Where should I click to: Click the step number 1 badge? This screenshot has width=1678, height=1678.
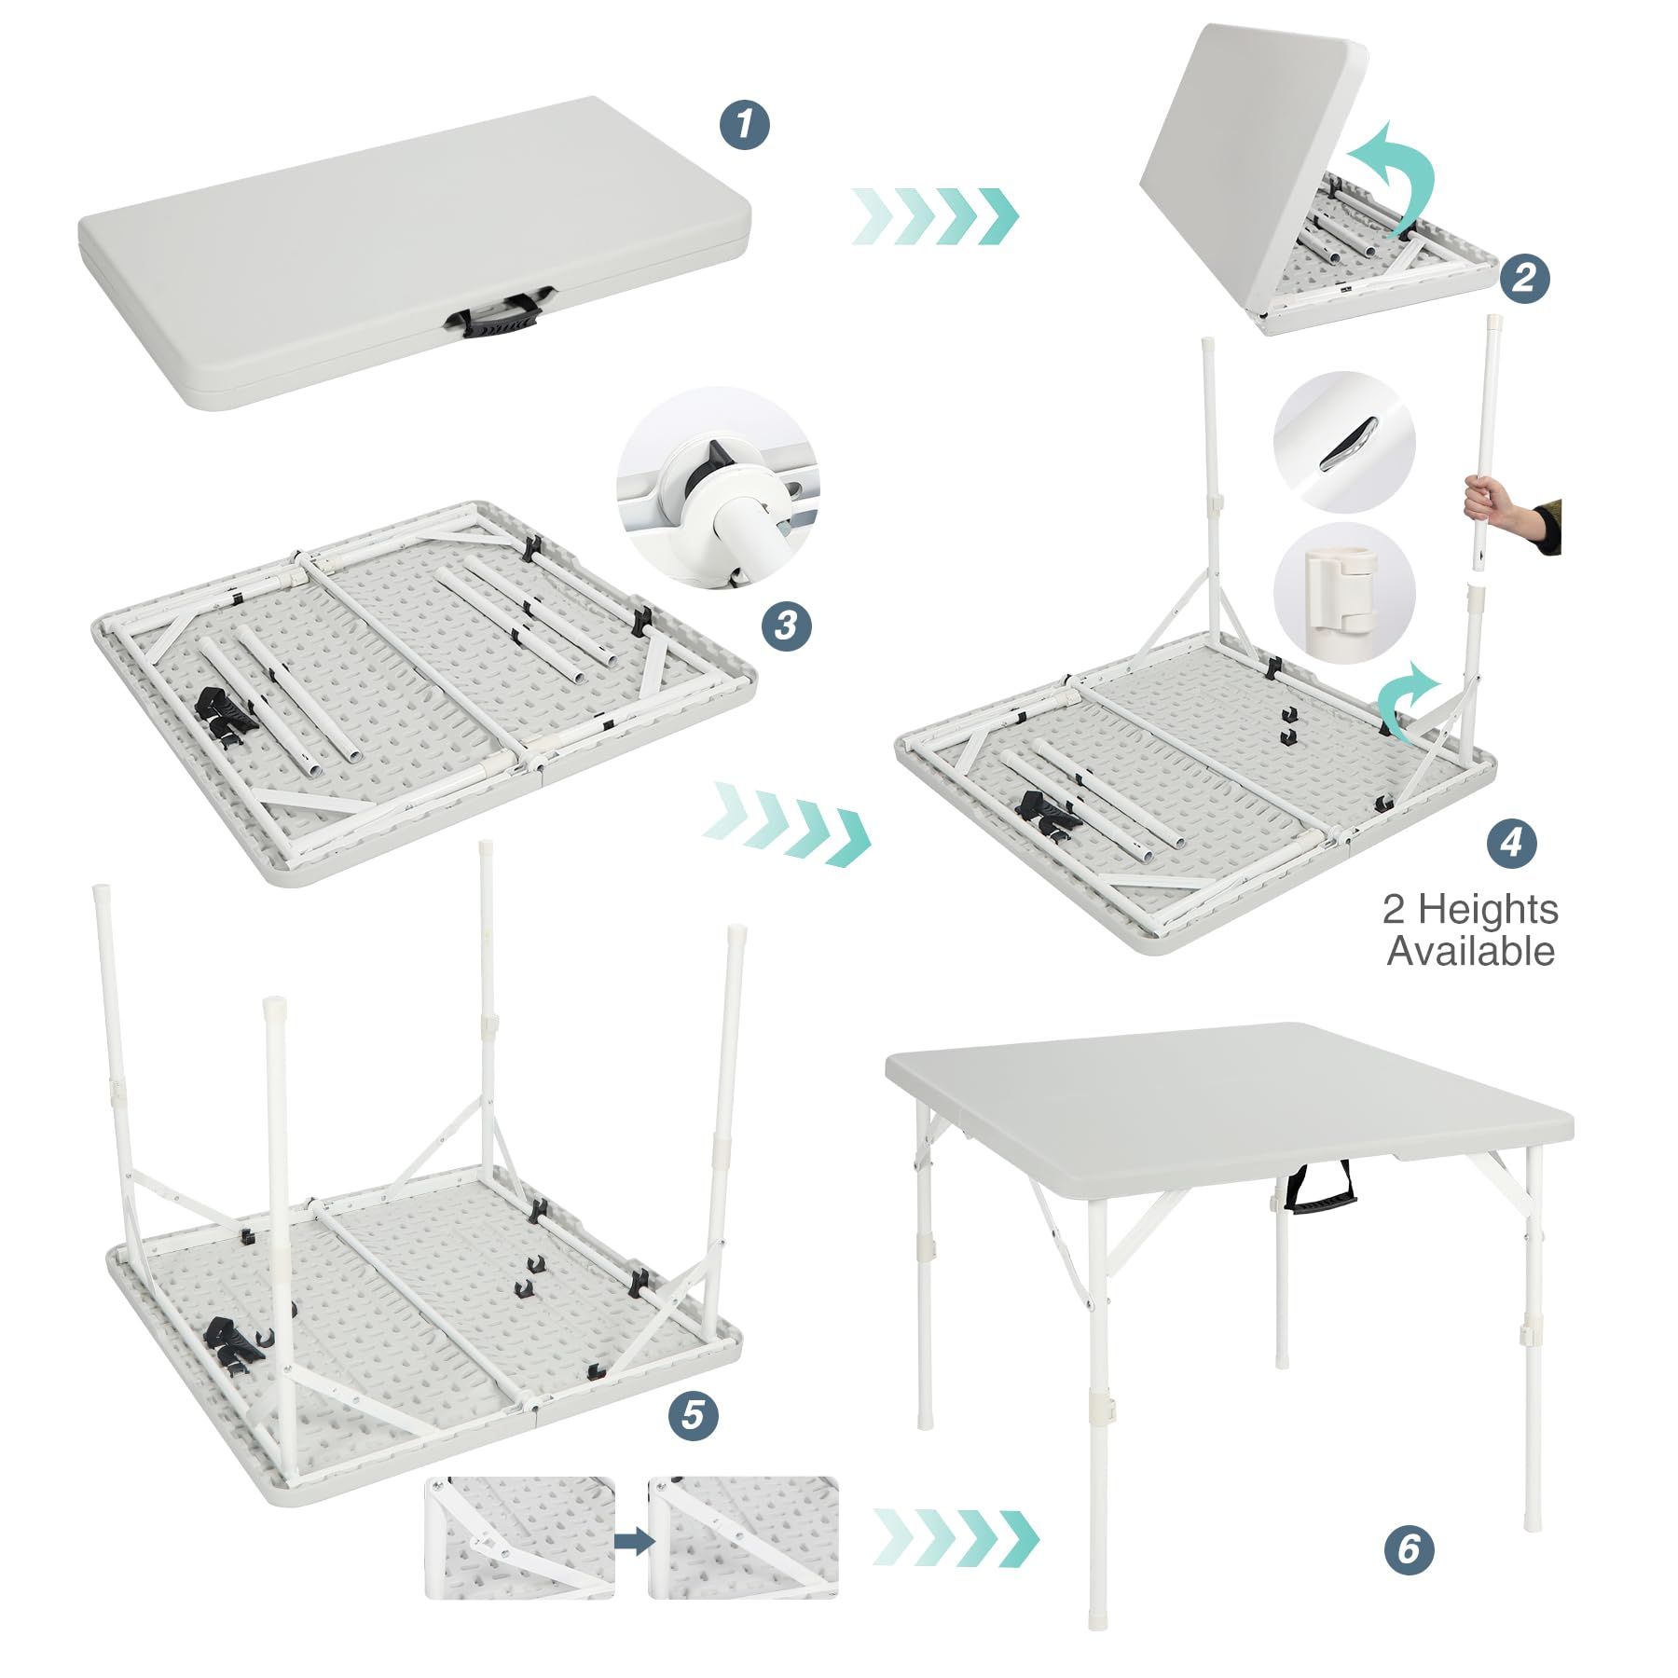745,125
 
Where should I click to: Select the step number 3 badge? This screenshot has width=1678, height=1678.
786,625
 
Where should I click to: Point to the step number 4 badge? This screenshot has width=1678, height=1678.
1511,844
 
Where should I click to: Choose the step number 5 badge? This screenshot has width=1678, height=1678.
693,1415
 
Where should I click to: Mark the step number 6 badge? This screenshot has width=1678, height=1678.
1409,1549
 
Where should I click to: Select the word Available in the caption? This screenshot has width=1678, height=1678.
1470,952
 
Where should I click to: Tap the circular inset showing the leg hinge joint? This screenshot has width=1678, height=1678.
718,488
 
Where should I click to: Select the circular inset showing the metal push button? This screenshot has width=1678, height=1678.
1344,442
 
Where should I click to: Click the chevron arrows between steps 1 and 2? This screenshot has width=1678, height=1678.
935,216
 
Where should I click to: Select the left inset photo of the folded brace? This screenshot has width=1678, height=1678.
519,1538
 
